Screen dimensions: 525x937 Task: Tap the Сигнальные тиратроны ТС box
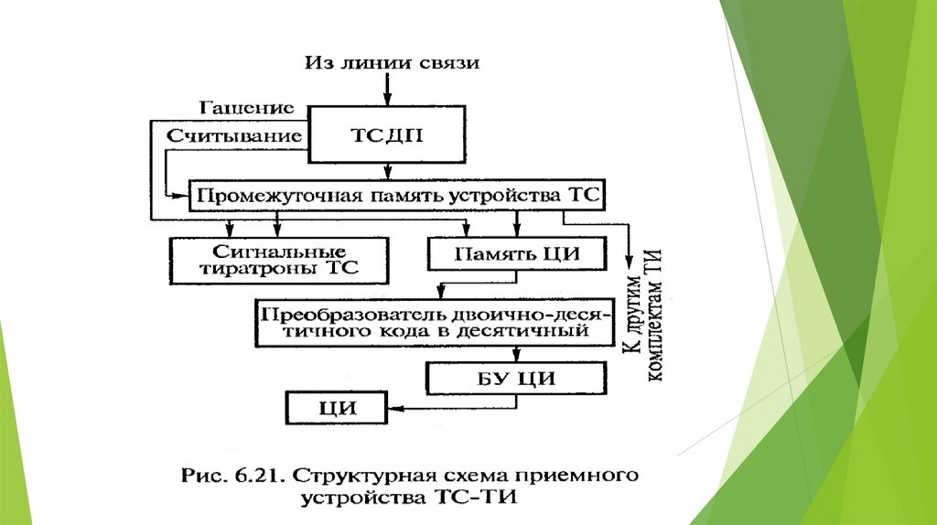(x=278, y=260)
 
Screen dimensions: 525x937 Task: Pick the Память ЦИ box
(x=517, y=253)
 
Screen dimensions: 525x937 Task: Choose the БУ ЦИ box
(x=517, y=378)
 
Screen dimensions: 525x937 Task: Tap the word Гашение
(x=250, y=108)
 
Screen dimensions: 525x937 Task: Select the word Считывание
(x=234, y=134)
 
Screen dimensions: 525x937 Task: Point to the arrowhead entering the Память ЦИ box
(x=516, y=233)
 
